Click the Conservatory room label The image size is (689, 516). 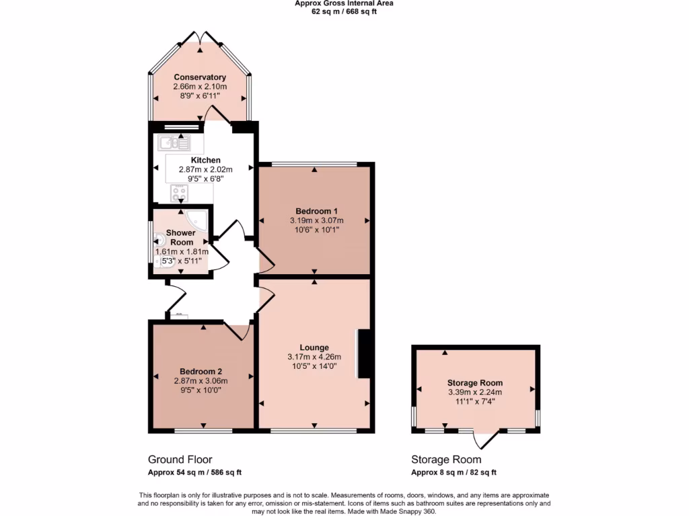[x=200, y=77]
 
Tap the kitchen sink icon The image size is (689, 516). [x=175, y=142]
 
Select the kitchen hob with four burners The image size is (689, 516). [x=179, y=193]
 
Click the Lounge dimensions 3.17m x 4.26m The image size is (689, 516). [x=314, y=357]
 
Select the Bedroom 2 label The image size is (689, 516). [x=201, y=372]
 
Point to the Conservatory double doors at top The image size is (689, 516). [x=200, y=38]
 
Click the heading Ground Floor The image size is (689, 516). [x=180, y=460]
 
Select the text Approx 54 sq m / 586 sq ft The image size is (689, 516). [x=194, y=473]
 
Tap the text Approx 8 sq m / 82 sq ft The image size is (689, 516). [x=454, y=473]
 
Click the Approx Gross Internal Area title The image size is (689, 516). [x=344, y=3]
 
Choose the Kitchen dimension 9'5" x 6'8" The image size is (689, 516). [x=200, y=179]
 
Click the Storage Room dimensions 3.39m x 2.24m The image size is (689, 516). [x=475, y=392]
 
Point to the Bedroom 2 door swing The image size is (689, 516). [x=239, y=331]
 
